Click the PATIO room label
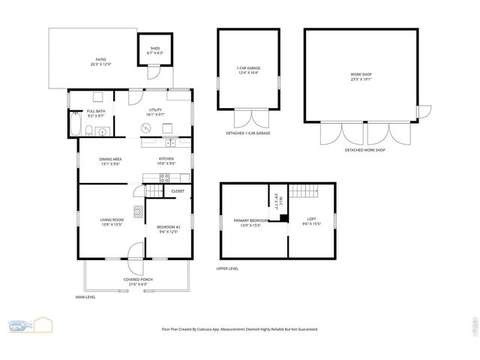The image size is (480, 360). coord(100,61)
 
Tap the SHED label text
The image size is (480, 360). coord(154,50)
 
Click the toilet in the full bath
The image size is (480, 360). coord(89,133)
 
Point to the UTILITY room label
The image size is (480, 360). coord(155,112)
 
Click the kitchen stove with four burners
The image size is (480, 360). coord(166,177)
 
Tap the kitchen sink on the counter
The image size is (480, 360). coord(171,142)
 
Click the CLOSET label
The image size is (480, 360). coord(178,191)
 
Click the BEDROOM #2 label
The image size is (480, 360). coord(167,229)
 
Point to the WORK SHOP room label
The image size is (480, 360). coord(361,76)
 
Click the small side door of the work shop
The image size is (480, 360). coord(423,112)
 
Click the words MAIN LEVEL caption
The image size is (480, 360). coord(85,297)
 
